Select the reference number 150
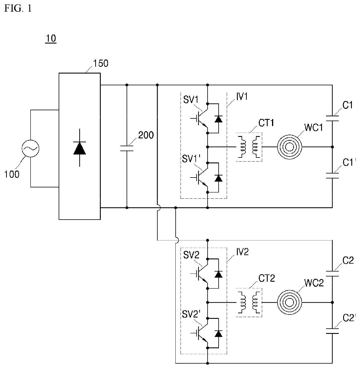100,63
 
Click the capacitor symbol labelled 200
127,148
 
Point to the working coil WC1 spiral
289,147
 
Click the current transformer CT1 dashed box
249,147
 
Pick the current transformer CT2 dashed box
249,302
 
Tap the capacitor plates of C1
332,118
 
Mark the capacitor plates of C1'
332,175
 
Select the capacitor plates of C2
332,273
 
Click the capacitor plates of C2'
332,331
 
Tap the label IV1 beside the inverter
242,97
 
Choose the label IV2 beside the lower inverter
242,252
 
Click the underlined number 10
51,39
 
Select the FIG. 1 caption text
18,8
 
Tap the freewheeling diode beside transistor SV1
218,119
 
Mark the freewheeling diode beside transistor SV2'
218,334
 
